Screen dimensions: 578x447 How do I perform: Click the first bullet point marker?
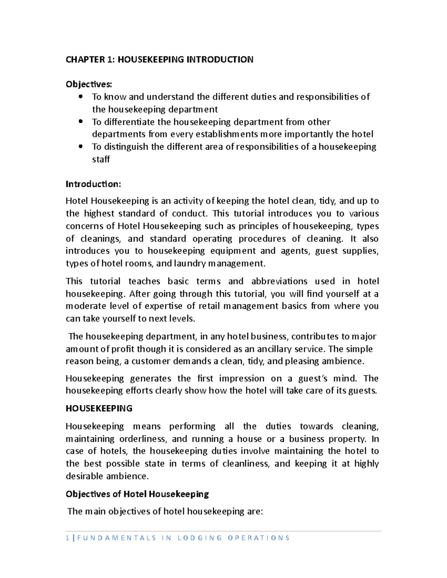click(80, 96)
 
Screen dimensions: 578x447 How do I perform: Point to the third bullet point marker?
click(80, 146)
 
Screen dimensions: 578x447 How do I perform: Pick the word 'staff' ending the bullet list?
click(101, 159)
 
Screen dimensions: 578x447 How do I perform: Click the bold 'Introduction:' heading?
click(93, 184)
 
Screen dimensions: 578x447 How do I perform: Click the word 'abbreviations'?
click(279, 281)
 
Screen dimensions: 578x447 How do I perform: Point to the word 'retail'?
click(209, 306)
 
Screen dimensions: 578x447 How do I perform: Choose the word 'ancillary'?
click(275, 349)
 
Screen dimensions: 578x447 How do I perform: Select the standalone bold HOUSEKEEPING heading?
click(99, 408)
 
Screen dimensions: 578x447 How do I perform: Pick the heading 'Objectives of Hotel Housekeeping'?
click(137, 494)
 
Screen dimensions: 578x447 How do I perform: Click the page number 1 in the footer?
click(67, 538)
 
